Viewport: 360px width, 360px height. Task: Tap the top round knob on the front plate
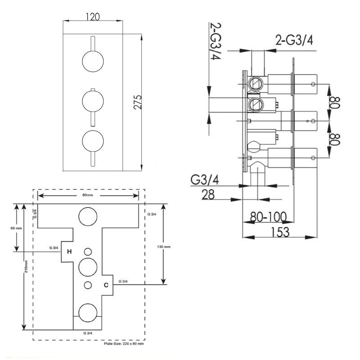tap(92, 61)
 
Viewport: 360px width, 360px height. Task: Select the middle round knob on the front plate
tap(92, 101)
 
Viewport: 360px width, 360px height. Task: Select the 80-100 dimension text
tap(269, 217)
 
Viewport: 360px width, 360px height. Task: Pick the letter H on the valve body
tap(69, 252)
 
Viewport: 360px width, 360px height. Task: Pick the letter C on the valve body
tap(106, 285)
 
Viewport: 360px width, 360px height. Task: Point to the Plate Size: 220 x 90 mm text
tap(123, 344)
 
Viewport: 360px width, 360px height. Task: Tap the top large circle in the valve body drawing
tap(87, 217)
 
